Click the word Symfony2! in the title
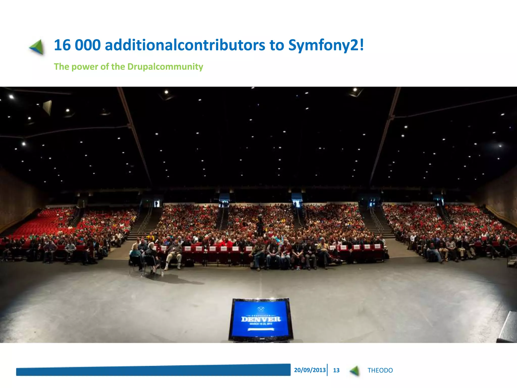click(x=326, y=45)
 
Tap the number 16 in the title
click(x=62, y=45)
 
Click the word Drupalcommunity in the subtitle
click(x=165, y=67)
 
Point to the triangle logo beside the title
click(x=37, y=47)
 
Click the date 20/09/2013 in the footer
click(x=310, y=370)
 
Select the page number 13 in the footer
click(x=336, y=370)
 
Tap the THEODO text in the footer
click(x=380, y=370)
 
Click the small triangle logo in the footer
click(x=355, y=371)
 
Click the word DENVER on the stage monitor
click(x=261, y=319)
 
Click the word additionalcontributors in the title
click(x=185, y=45)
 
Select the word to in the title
click(x=277, y=45)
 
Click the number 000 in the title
click(x=88, y=45)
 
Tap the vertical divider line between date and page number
click(x=327, y=370)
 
